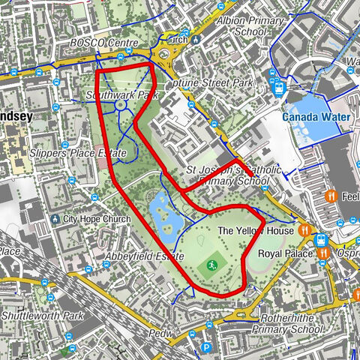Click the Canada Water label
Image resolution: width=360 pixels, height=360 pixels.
pyautogui.click(x=316, y=117)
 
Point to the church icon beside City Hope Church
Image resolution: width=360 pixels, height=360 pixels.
pyautogui.click(x=55, y=219)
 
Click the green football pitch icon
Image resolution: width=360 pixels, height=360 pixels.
pyautogui.click(x=212, y=265)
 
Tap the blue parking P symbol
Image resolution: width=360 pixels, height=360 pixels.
pyautogui.click(x=206, y=347)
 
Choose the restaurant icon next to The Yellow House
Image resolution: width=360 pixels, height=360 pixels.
pyautogui.click(x=305, y=230)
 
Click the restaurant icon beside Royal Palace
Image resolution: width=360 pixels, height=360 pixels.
pyautogui.click(x=322, y=253)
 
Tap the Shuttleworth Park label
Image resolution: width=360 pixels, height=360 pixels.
pyautogui.click(x=41, y=316)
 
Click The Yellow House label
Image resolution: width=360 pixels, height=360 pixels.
pyautogui.click(x=255, y=231)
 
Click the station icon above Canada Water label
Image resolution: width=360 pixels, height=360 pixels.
pyautogui.click(x=280, y=87)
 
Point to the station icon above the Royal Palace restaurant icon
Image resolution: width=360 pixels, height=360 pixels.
pyautogui.click(x=322, y=240)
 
